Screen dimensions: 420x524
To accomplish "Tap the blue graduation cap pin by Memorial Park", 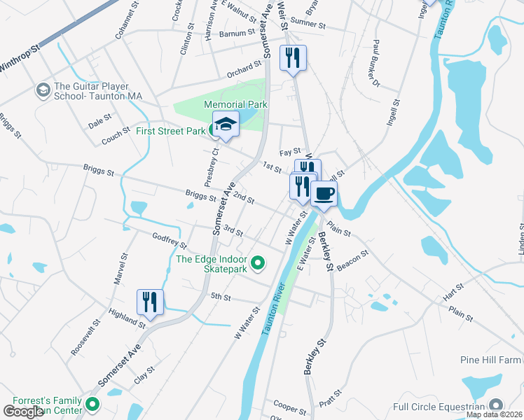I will coord(226,125).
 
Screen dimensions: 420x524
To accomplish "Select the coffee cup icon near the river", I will coord(324,193).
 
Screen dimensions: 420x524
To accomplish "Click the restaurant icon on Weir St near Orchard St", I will coord(293,57).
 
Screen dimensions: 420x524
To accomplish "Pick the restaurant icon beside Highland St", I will coord(150,302).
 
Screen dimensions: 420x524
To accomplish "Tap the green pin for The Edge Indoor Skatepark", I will coord(258,263).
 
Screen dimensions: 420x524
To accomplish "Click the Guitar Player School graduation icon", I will coord(43,90).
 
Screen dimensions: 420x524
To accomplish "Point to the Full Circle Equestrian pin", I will coord(496,405).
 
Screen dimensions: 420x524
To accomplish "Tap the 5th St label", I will coord(221,297).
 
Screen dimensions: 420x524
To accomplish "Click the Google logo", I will coord(24,411).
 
